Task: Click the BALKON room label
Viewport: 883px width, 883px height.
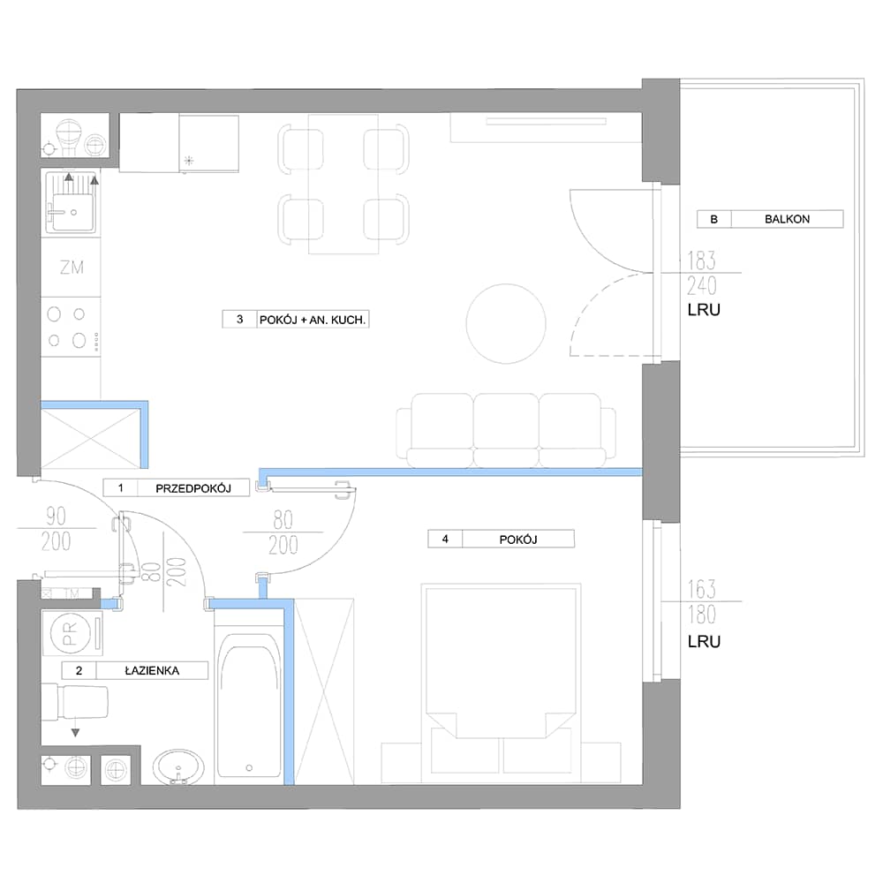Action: pos(787,219)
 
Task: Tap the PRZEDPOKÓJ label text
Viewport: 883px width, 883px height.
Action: pos(193,488)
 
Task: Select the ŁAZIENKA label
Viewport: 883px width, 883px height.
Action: pos(152,671)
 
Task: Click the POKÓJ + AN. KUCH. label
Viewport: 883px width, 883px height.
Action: pos(312,320)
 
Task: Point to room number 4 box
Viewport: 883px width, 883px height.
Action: pos(445,539)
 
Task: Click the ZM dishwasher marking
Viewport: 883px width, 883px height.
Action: pos(72,268)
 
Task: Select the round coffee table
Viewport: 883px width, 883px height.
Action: pos(506,323)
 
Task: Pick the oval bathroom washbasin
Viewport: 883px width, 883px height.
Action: pos(178,766)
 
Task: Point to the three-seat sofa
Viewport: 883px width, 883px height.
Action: pos(506,430)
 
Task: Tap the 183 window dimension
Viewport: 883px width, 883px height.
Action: pos(701,260)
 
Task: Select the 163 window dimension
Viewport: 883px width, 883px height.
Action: pos(701,590)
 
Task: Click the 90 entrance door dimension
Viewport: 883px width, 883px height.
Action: pos(56,516)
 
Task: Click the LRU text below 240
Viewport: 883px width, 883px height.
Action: pos(704,310)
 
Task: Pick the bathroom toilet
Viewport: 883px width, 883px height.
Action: pos(75,702)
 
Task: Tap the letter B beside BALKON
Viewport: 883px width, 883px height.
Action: pos(714,219)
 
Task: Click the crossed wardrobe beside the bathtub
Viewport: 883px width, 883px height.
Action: pos(324,691)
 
